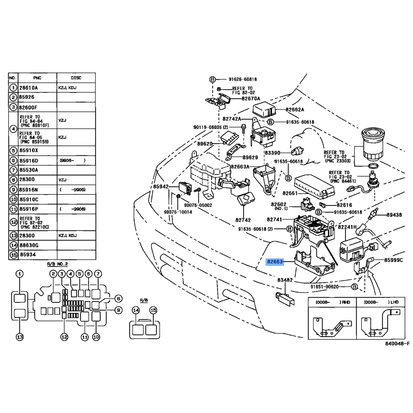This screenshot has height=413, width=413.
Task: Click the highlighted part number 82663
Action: click(x=275, y=262)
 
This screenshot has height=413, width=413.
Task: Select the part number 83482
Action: click(x=285, y=280)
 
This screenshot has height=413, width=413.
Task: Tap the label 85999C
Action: click(x=393, y=260)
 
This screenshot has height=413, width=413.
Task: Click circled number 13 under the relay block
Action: click(x=20, y=337)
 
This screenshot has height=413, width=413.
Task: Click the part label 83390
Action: click(x=273, y=153)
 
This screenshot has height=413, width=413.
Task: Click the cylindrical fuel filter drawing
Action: click(x=372, y=144)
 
